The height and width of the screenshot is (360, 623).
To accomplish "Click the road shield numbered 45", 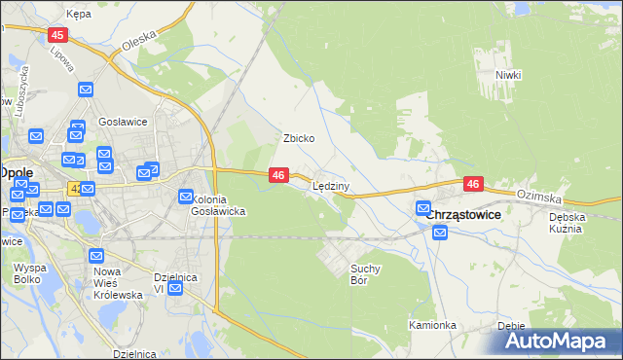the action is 56,34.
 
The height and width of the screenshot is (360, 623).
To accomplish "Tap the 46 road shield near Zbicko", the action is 278,175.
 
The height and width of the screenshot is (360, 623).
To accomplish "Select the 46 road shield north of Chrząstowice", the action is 473,184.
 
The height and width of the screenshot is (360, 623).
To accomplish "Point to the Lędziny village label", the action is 331,185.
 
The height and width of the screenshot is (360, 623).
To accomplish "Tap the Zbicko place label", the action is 298,138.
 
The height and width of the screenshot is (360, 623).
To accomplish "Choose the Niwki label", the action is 508,75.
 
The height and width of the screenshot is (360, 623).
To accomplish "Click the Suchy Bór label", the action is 365,273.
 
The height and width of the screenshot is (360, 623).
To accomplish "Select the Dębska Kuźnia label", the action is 566,223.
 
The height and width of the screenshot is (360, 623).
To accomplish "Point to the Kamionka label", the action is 432,325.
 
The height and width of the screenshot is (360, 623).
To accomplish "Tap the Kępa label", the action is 78,15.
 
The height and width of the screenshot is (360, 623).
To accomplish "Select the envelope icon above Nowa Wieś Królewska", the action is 96,256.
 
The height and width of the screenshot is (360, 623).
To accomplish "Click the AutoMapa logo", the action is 558,341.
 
